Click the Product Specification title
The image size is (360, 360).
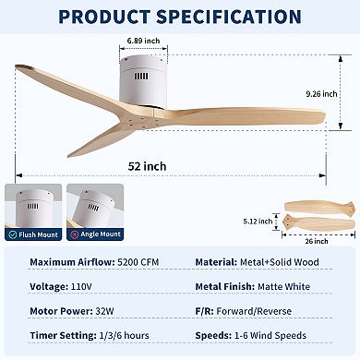(179, 18)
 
